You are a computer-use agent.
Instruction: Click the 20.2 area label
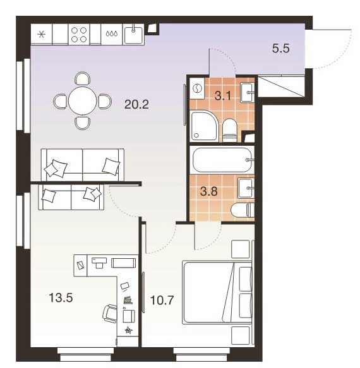pyautogui.click(x=136, y=104)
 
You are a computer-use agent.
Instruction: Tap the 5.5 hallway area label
pyautogui.click(x=280, y=49)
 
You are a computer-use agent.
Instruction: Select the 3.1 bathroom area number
pyautogui.click(x=222, y=96)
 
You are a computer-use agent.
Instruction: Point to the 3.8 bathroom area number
pyautogui.click(x=209, y=191)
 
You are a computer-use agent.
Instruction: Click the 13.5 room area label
pyautogui.click(x=61, y=298)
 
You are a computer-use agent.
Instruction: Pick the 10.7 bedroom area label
pyautogui.click(x=162, y=300)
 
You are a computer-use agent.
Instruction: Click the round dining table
pyautogui.click(x=83, y=101)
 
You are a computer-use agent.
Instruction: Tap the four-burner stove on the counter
pyautogui.click(x=79, y=35)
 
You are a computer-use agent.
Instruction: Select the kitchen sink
pyautogui.click(x=133, y=35)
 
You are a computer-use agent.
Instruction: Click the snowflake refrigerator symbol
pyautogui.click(x=41, y=35)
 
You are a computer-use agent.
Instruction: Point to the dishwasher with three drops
pyautogui.click(x=112, y=34)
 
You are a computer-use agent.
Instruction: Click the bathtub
pyautogui.click(x=222, y=160)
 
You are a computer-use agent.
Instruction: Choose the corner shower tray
pyautogui.click(x=205, y=126)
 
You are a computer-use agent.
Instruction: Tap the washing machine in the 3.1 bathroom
pyautogui.click(x=197, y=89)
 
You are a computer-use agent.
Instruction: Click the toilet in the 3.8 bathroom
pyautogui.click(x=243, y=210)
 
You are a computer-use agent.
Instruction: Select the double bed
pyautogui.click(x=217, y=293)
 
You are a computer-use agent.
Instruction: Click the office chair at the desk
pyautogui.click(x=110, y=314)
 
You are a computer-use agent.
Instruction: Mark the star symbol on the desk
pyautogui.click(x=128, y=330)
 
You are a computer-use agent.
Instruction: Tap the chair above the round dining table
pyautogui.click(x=83, y=79)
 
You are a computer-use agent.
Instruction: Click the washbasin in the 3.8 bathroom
pyautogui.click(x=246, y=188)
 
